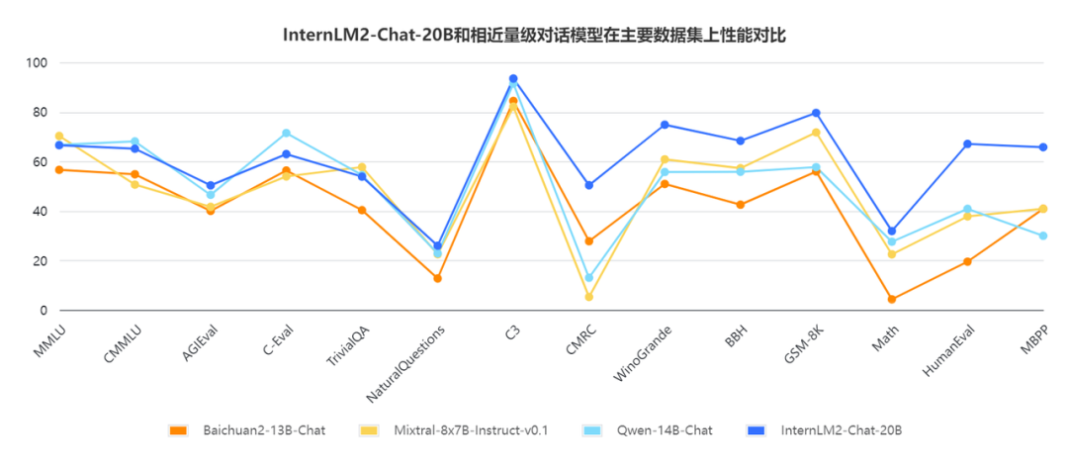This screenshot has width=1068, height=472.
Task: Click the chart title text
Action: [x=534, y=34]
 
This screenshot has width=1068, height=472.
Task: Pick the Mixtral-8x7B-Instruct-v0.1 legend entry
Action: [x=469, y=430]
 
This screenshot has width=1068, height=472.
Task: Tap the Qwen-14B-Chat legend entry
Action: [x=664, y=430]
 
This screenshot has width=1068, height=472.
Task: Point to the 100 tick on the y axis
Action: [x=38, y=63]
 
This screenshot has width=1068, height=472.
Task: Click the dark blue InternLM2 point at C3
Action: [x=513, y=79]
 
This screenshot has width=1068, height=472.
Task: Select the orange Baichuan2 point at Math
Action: [x=892, y=299]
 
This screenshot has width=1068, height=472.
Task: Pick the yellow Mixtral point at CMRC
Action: [x=589, y=297]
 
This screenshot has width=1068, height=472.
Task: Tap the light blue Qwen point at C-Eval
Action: [x=286, y=133]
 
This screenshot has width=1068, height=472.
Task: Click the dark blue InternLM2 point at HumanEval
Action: [x=967, y=144]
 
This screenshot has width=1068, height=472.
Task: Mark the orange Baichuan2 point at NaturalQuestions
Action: [x=437, y=278]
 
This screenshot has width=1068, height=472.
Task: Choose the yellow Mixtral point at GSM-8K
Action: [x=816, y=133]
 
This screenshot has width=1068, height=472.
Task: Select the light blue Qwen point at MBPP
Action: [x=1043, y=236]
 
